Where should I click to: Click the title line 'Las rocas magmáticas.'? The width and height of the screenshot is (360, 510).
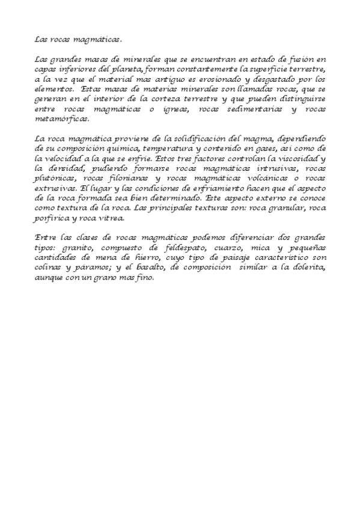pos(78,40)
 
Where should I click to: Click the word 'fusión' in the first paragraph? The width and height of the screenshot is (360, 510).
pos(300,60)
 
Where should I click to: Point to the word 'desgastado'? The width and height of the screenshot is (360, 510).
pos(271,79)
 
